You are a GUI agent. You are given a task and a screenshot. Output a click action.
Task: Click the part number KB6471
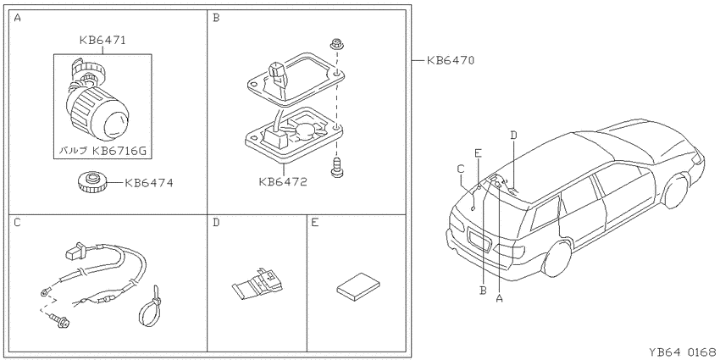point(102,41)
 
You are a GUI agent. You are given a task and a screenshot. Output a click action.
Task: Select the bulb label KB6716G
point(119,150)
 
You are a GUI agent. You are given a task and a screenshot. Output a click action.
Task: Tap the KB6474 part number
point(149,183)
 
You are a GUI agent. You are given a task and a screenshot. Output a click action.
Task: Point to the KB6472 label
point(283,182)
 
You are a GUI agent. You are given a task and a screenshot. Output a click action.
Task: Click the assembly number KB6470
point(451,60)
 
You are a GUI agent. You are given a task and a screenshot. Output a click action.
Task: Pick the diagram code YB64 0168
point(682,352)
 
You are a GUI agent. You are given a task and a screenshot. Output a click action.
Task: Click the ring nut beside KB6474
point(94,182)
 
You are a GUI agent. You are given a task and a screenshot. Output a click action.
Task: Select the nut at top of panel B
point(336,45)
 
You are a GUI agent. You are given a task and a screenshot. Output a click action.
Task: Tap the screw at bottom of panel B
point(336,167)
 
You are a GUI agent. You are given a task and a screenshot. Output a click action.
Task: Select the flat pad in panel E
point(358,287)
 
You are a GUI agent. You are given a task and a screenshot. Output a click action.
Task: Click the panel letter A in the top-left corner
point(17,19)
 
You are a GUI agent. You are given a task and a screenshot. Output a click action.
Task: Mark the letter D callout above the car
point(514,135)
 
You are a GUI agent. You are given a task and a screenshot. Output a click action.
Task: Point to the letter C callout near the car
point(461,169)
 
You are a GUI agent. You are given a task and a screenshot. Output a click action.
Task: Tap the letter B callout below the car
point(483,291)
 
